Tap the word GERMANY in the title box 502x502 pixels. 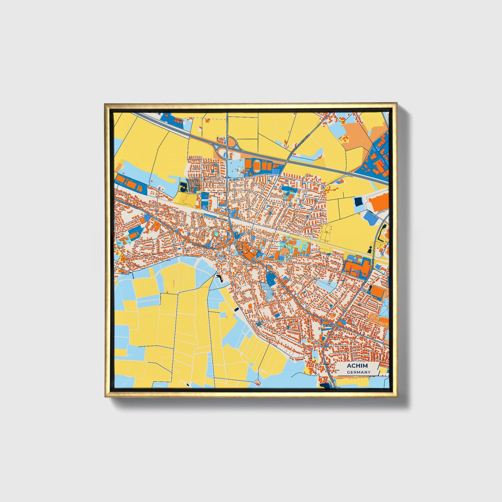point(359,372)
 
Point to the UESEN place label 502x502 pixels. point(328,325)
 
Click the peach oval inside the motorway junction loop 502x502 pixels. point(231,142)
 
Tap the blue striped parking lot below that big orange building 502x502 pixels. point(371,218)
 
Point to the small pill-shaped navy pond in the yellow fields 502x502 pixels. point(237,309)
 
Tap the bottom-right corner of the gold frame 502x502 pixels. point(396,396)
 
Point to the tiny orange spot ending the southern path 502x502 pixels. point(257,382)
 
